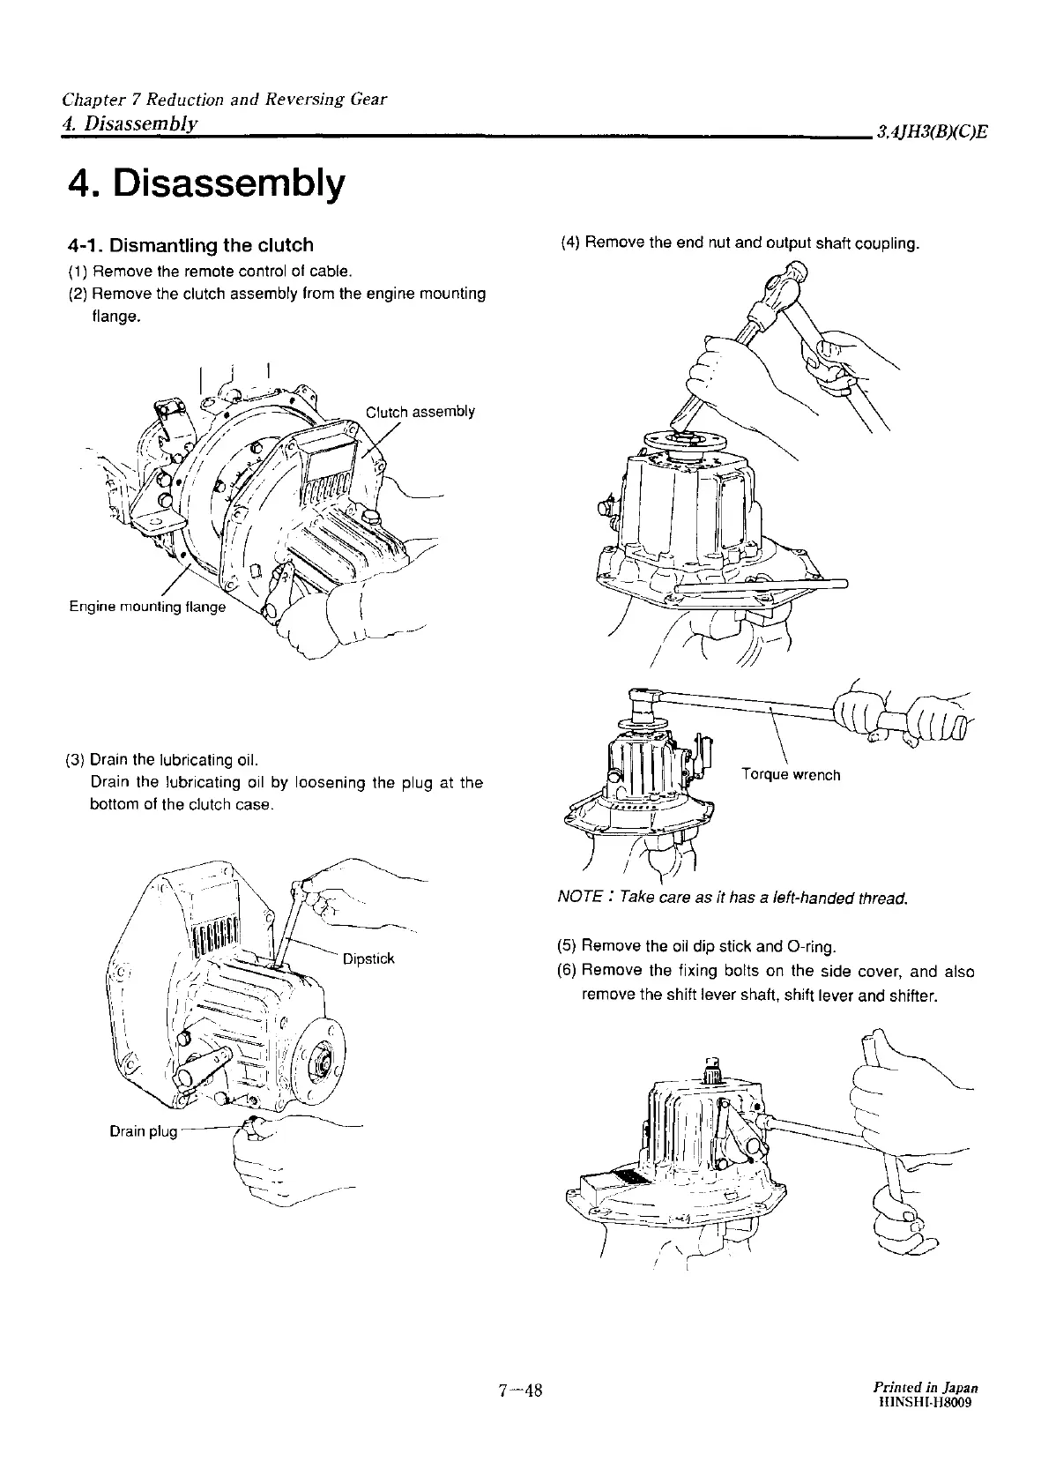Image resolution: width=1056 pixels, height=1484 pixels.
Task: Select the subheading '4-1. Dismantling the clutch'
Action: pos(190,244)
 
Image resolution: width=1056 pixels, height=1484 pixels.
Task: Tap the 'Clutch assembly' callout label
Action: pos(420,412)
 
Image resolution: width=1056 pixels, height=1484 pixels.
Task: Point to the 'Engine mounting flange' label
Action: pos(147,607)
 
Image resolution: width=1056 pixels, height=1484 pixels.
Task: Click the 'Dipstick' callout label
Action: pos(368,958)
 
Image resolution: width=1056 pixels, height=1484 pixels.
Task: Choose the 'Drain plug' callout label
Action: pos(144,1131)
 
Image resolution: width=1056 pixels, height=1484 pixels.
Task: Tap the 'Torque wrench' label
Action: pos(792,775)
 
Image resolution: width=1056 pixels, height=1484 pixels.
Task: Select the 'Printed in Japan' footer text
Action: pos(924,1387)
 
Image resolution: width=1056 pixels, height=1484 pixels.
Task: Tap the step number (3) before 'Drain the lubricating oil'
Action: pos(75,760)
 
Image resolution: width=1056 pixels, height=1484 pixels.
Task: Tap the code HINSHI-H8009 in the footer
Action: pos(925,1402)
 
